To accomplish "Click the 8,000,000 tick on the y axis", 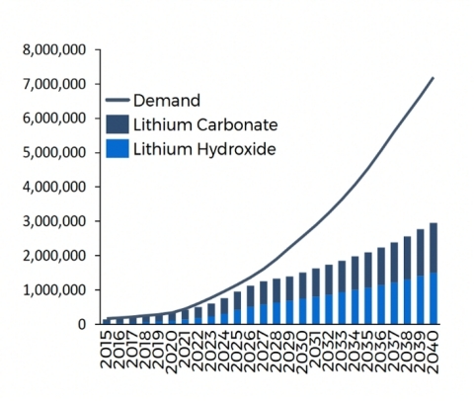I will [x=55, y=49].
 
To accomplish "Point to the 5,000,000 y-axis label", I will [x=55, y=152].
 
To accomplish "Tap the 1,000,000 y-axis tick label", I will [x=55, y=289].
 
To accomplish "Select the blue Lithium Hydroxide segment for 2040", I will [x=433, y=298].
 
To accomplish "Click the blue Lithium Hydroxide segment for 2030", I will [x=302, y=311].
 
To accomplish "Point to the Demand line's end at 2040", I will [x=433, y=77].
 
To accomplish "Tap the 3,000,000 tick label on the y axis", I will [x=55, y=221].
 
